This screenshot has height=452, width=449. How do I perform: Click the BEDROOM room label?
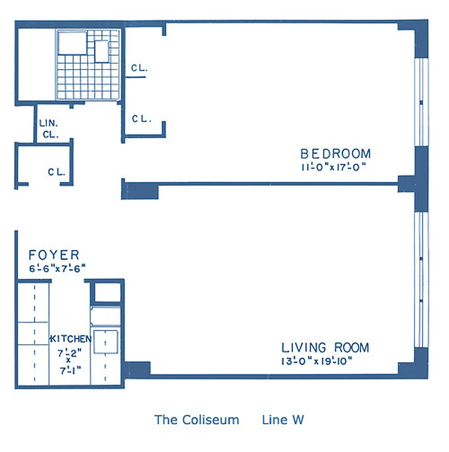pos(335,153)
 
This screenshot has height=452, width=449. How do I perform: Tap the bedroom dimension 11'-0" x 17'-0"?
pos(334,167)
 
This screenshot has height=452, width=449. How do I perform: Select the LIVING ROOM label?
pos(325,347)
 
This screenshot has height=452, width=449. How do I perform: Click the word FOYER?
pos(54,255)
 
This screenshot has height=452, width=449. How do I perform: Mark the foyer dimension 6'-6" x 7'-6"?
pos(57,269)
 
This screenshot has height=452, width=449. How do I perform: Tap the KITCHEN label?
pos(71,339)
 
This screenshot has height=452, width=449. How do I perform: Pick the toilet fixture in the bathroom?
pos(101,51)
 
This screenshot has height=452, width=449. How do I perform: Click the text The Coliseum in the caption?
pos(197,420)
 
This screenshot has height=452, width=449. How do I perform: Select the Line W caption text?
pos(283,420)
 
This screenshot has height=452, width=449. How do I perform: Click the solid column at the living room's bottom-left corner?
pos(137,370)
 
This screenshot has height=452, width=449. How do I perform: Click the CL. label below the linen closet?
pos(57,173)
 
